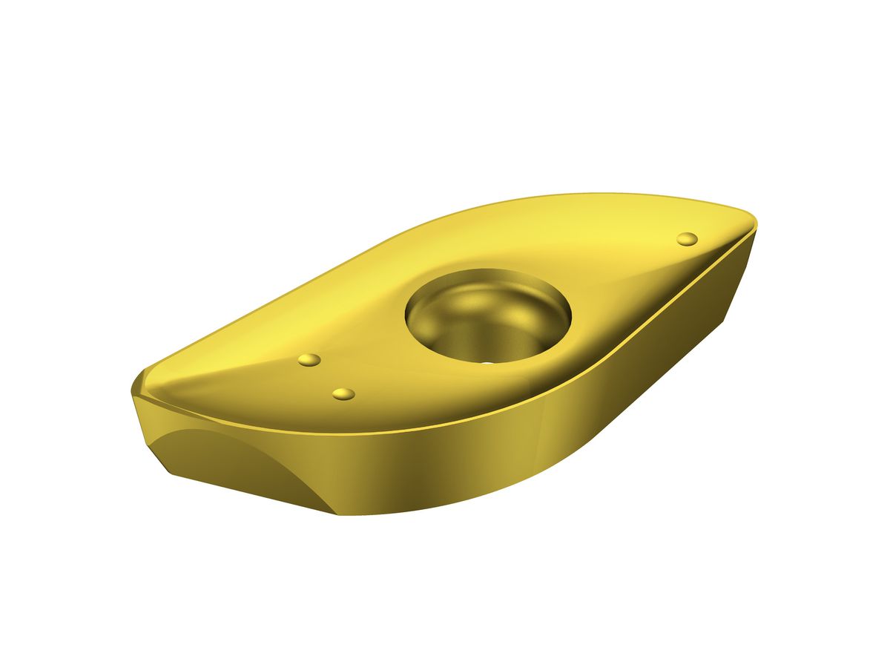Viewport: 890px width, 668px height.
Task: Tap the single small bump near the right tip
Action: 688,238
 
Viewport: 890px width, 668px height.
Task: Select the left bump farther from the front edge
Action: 309,360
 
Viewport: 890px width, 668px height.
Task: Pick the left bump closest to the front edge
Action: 343,393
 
